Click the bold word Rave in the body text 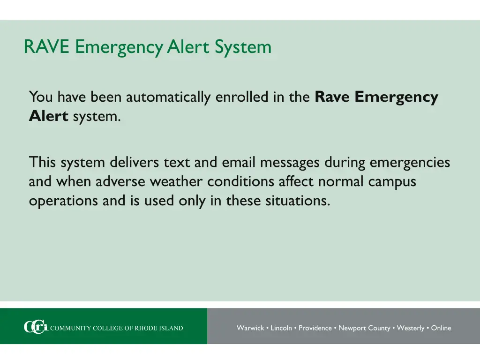pos(333,97)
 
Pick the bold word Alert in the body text pos(49,116)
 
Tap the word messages pos(290,163)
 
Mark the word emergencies pos(410,163)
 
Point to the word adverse pos(120,181)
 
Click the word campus pos(392,181)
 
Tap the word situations pos(298,201)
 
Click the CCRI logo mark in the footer pos(36,328)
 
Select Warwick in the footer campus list pos(250,328)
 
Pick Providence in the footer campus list pos(315,328)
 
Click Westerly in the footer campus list pos(411,328)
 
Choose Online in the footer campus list pos(441,328)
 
